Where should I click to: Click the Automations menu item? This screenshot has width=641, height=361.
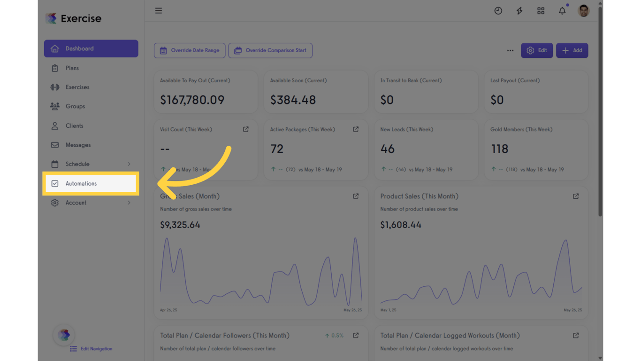pyautogui.click(x=81, y=183)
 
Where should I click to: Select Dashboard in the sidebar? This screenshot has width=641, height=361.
pyautogui.click(x=80, y=48)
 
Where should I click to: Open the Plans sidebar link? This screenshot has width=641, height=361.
pyautogui.click(x=72, y=68)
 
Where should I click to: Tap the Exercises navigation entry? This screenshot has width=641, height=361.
pyautogui.click(x=77, y=87)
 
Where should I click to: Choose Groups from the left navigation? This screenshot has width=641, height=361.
pyautogui.click(x=75, y=106)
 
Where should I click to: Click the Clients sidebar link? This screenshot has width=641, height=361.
pyautogui.click(x=74, y=126)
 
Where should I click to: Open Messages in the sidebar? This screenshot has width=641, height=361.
pyautogui.click(x=78, y=145)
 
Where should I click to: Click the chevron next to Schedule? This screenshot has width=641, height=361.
pyautogui.click(x=129, y=164)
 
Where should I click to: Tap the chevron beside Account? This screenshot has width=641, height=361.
pyautogui.click(x=129, y=203)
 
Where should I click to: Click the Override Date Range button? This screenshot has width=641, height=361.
pyautogui.click(x=190, y=50)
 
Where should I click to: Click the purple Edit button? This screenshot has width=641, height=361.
pyautogui.click(x=537, y=50)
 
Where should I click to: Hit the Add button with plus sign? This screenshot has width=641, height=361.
pyautogui.click(x=572, y=50)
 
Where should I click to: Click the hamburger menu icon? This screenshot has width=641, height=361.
pyautogui.click(x=159, y=10)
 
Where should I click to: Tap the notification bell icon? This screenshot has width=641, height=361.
pyautogui.click(x=562, y=11)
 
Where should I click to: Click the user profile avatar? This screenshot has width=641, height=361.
pyautogui.click(x=583, y=11)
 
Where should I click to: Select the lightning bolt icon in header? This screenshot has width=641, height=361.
pyautogui.click(x=519, y=11)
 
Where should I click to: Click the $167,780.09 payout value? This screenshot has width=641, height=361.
pyautogui.click(x=192, y=100)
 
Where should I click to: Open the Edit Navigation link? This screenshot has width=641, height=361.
pyautogui.click(x=96, y=349)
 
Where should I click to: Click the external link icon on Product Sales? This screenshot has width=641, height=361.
pyautogui.click(x=576, y=196)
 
